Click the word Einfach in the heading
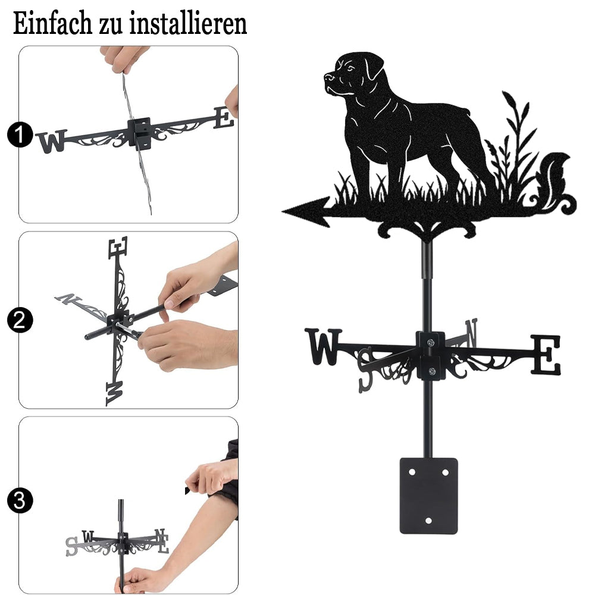pos(52,23)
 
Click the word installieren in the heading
pos(188,23)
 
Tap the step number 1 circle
pos(20,134)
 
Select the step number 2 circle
pos(20,320)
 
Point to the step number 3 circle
pos(20,500)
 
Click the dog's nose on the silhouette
pos(328,77)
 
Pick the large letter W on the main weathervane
pos(323,346)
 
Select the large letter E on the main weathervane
pos(545,355)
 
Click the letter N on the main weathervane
pos(471,333)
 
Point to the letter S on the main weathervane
pos(366,370)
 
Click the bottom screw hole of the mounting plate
pos(428,521)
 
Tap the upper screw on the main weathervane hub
pos(430,343)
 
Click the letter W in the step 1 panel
pos(52,141)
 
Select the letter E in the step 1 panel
pos(224,118)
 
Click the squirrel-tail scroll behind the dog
pos(553,182)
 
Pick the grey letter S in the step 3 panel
pos(71,546)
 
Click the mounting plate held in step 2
pos(223,286)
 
